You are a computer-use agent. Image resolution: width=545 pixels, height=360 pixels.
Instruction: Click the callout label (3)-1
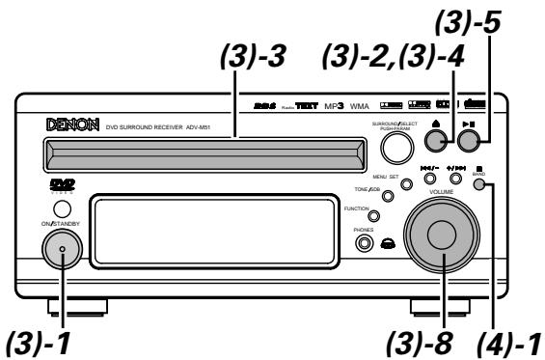pos(39,341)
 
